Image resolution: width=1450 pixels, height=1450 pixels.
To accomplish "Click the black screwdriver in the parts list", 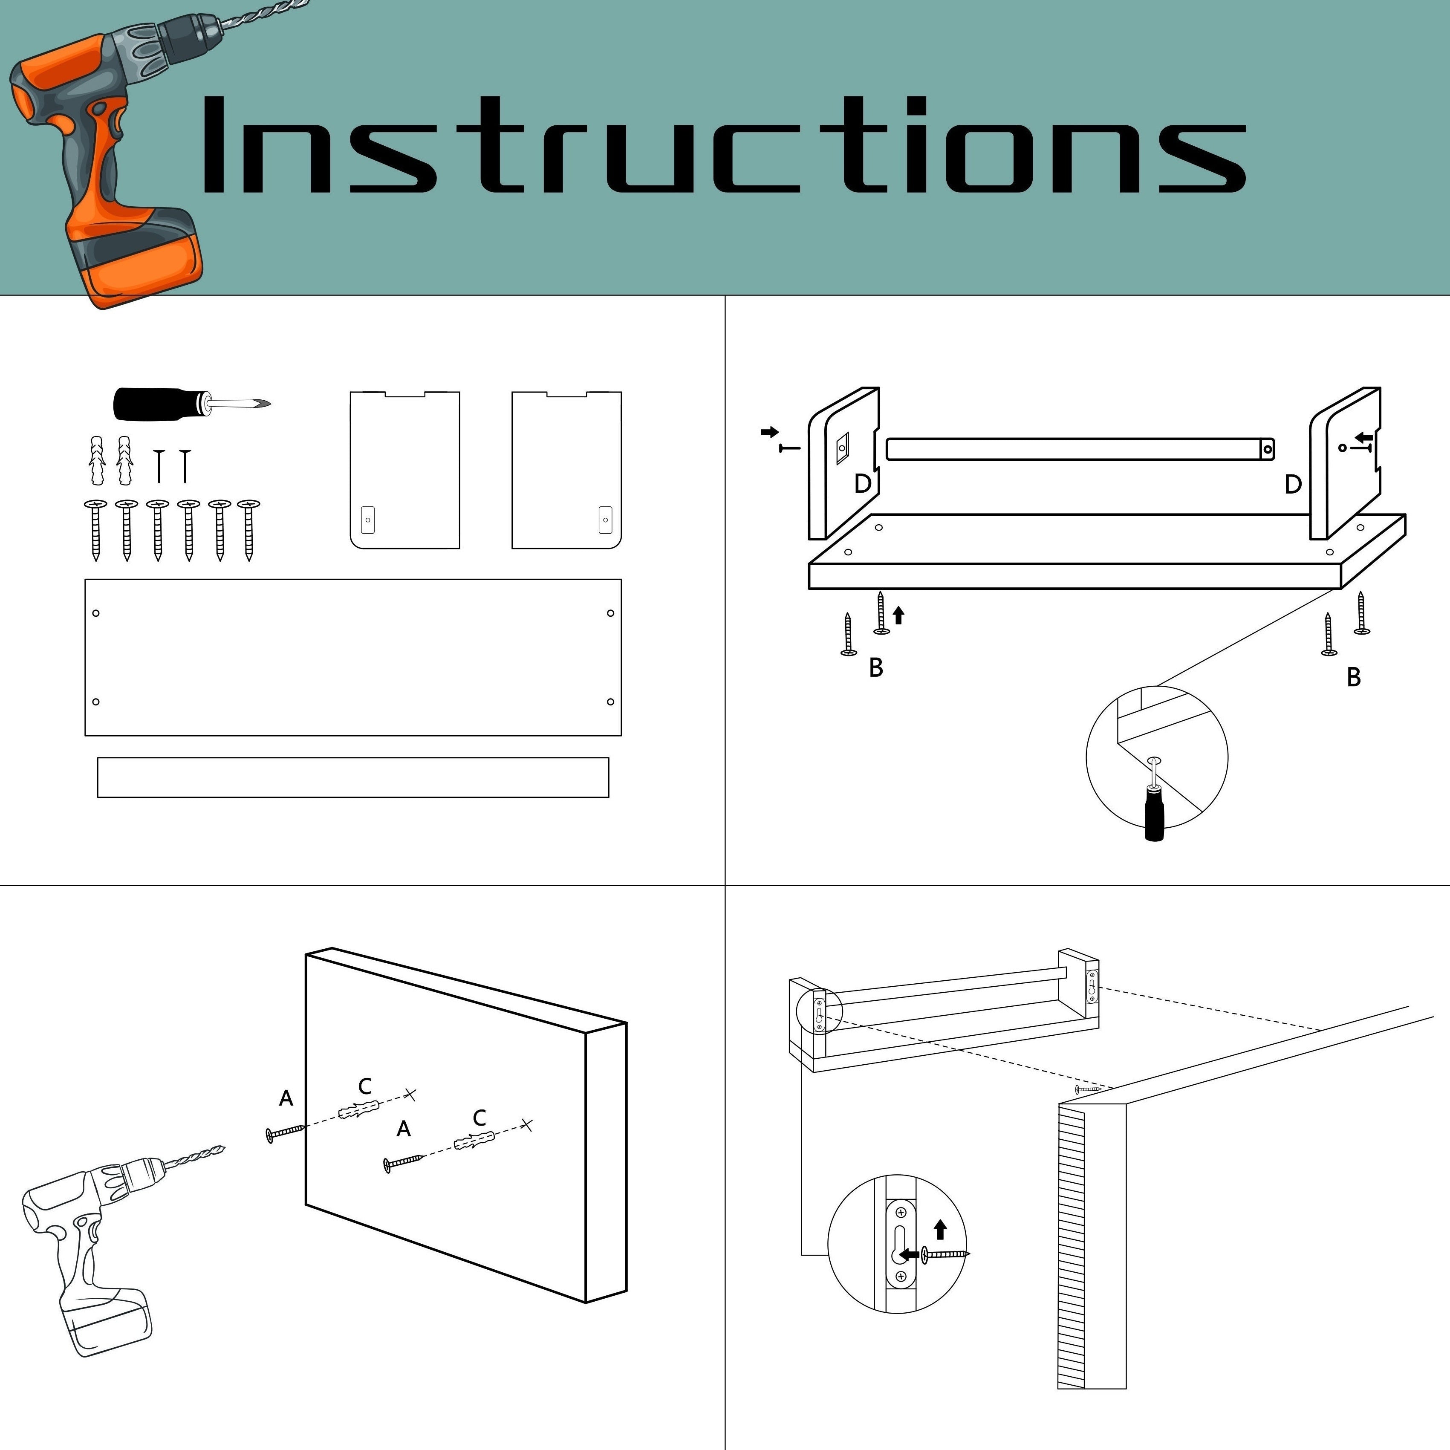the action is pyautogui.click(x=191, y=404).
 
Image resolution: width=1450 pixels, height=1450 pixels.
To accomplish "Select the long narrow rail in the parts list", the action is pyautogui.click(x=353, y=777).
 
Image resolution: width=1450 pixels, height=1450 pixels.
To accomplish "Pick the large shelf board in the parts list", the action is pyautogui.click(x=353, y=658).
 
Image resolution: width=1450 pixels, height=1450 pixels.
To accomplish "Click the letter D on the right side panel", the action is pyautogui.click(x=1292, y=484).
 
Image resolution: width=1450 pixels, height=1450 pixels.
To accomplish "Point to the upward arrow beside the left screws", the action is pyautogui.click(x=898, y=615).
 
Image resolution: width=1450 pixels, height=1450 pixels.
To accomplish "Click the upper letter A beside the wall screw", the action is pyautogui.click(x=286, y=1099).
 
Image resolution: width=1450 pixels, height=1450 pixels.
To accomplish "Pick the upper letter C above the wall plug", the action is pyautogui.click(x=365, y=1086).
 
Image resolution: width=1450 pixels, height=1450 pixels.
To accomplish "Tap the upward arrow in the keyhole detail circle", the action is pyautogui.click(x=940, y=1229).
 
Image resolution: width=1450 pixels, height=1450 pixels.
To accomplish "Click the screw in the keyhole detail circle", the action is pyautogui.click(x=946, y=1254).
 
